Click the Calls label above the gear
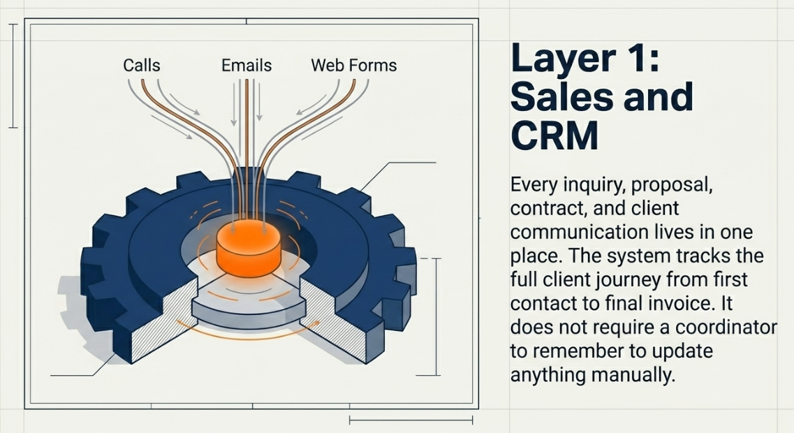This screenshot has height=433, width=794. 142,66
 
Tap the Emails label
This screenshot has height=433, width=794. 247,66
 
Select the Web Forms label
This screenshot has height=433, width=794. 353,66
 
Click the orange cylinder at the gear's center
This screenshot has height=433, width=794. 243,248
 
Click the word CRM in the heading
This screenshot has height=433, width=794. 555,135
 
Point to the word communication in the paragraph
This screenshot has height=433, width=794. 579,233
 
